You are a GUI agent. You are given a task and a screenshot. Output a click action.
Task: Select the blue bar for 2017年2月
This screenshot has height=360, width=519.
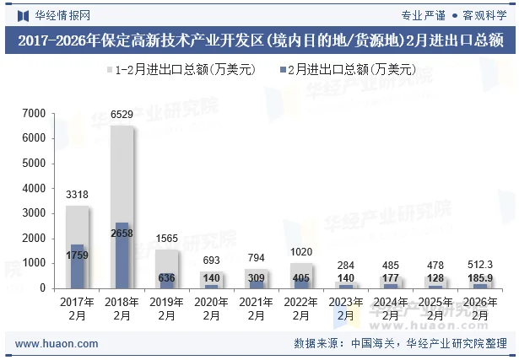[78, 266]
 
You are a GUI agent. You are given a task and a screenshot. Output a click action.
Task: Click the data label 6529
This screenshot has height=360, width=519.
[122, 115]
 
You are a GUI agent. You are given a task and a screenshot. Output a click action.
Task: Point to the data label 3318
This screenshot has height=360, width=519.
[78, 195]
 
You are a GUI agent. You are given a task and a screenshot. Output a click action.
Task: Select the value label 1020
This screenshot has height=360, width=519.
[301, 252]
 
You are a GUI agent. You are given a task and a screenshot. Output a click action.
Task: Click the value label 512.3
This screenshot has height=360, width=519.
[480, 265]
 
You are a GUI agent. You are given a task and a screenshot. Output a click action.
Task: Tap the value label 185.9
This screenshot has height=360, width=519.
[480, 277]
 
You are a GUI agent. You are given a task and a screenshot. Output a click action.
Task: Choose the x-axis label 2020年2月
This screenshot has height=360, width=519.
[212, 308]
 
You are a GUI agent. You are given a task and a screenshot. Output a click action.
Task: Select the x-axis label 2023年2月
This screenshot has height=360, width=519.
[346, 308]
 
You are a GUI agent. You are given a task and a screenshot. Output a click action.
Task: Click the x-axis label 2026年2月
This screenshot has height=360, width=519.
[480, 308]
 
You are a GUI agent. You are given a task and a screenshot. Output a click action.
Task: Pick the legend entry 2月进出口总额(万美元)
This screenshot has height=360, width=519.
[346, 70]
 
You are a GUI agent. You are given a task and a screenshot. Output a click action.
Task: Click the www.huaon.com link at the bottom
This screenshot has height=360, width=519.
[57, 344]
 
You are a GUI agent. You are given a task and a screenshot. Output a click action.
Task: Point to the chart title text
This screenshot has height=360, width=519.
[260, 40]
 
